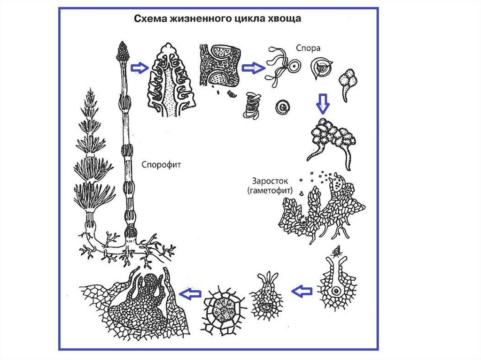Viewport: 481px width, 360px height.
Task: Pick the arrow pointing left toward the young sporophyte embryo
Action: [x=191, y=294]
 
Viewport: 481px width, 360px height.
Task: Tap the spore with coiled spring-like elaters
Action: [x=252, y=104]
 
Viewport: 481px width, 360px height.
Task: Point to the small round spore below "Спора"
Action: [x=284, y=107]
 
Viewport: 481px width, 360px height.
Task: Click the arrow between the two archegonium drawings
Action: [x=302, y=291]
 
